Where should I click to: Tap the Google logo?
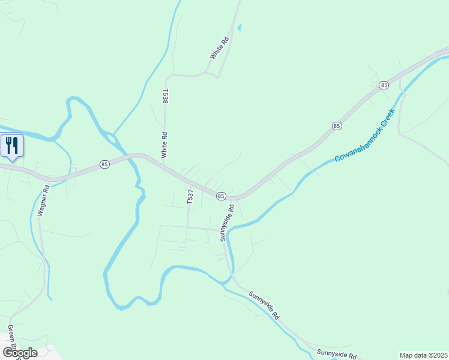pyautogui.click(x=20, y=352)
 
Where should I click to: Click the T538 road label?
pyautogui.click(x=164, y=96)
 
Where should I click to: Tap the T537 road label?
pyautogui.click(x=190, y=197)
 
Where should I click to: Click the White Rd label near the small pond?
pyautogui.click(x=220, y=48)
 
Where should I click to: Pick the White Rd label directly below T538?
pyautogui.click(x=164, y=145)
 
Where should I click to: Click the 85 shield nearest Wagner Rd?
pyautogui.click(x=105, y=164)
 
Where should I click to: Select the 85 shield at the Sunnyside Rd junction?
pyautogui.click(x=220, y=196)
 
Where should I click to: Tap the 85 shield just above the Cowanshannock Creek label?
pyautogui.click(x=337, y=126)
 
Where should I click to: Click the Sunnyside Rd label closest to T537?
pyautogui.click(x=226, y=223)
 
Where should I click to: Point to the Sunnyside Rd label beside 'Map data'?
pyautogui.click(x=337, y=355)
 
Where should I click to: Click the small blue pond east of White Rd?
pyautogui.click(x=240, y=27)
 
